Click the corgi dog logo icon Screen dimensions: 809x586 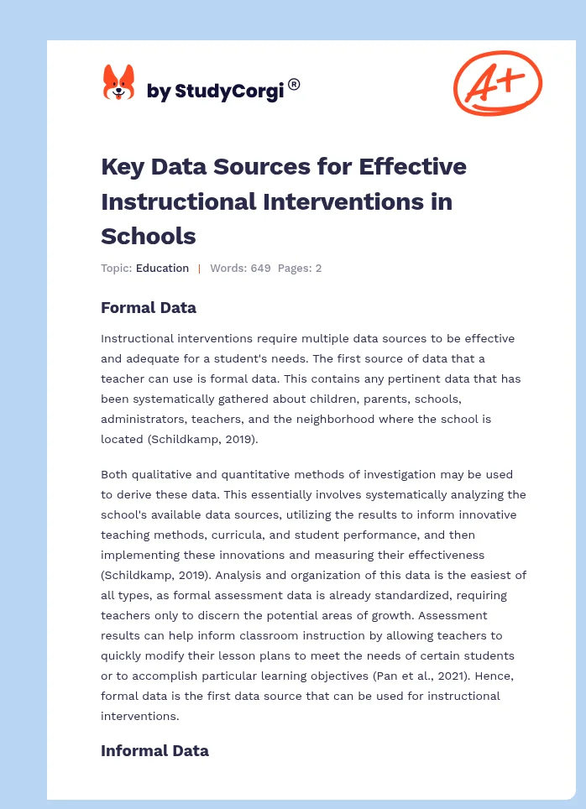click(x=118, y=83)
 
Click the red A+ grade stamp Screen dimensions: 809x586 click(x=497, y=82)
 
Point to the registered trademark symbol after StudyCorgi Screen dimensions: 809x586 click(x=294, y=84)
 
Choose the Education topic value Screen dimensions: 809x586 click(x=162, y=269)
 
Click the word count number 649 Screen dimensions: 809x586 click(x=260, y=269)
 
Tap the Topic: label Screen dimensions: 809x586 click(x=116, y=269)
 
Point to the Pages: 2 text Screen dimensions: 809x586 click(x=299, y=269)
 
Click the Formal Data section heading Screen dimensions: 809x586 click(x=149, y=308)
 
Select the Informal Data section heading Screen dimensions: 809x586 click(x=154, y=751)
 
